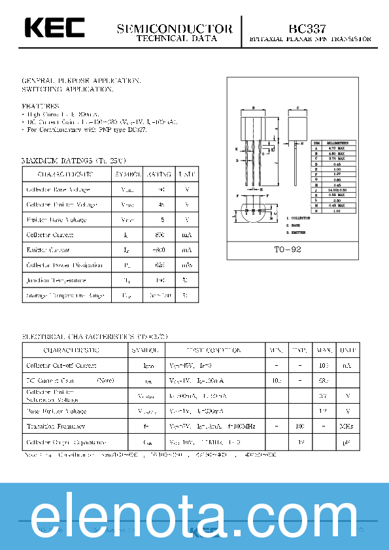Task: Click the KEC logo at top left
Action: (55, 28)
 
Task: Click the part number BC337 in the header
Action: (308, 29)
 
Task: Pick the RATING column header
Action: (158, 174)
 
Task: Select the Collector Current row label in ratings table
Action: (50, 235)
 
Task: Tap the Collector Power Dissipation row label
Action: (64, 265)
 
